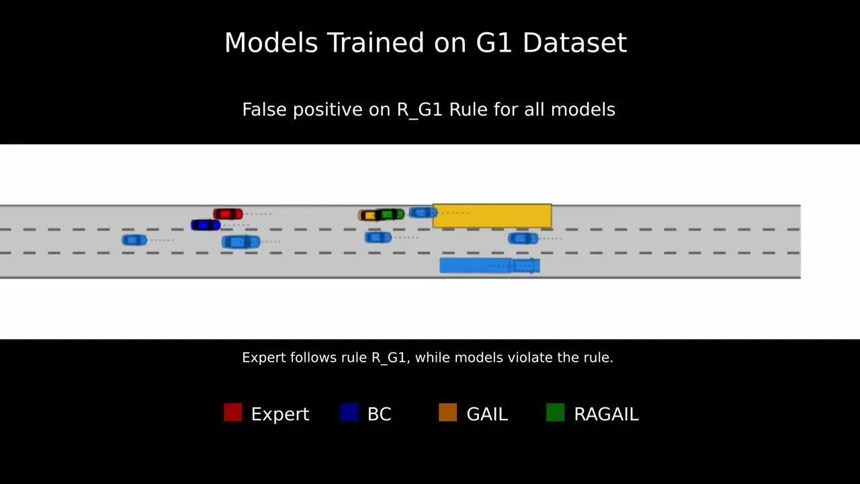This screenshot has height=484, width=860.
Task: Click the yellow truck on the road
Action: [x=492, y=216]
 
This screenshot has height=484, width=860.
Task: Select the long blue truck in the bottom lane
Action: [x=489, y=266]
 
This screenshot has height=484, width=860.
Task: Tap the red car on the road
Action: [x=228, y=214]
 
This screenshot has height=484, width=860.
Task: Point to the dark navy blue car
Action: [x=205, y=225]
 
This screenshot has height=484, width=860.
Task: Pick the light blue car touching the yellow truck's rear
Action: [x=423, y=212]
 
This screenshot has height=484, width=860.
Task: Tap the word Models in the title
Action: [x=271, y=43]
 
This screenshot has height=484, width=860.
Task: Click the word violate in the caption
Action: [x=526, y=358]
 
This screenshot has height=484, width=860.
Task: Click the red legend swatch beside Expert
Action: [x=232, y=413]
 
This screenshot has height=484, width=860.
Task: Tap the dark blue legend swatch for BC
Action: [x=349, y=413]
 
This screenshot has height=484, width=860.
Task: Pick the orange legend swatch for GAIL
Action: [x=447, y=413]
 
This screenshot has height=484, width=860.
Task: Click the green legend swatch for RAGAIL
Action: [x=555, y=413]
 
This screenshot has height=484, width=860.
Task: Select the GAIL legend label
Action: [x=487, y=414]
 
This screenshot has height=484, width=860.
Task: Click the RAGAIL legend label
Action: [x=606, y=414]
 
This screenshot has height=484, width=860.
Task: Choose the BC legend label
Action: [x=379, y=414]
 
